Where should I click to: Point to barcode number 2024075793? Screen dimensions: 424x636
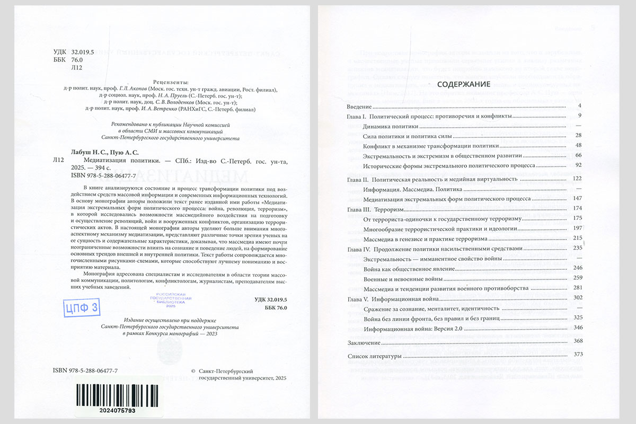coord(109,411)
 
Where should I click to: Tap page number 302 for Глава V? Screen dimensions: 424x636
coord(577,298)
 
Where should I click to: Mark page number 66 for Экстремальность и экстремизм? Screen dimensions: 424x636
coord(578,155)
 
